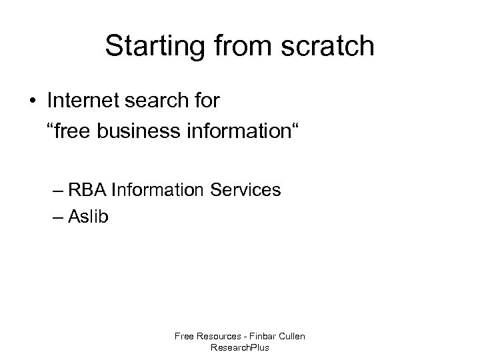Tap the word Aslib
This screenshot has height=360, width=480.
pyautogui.click(x=84, y=215)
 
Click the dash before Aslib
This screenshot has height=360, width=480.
pyautogui.click(x=58, y=217)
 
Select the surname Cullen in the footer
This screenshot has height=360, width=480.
pyautogui.click(x=291, y=337)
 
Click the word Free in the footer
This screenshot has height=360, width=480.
pyautogui.click(x=183, y=337)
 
